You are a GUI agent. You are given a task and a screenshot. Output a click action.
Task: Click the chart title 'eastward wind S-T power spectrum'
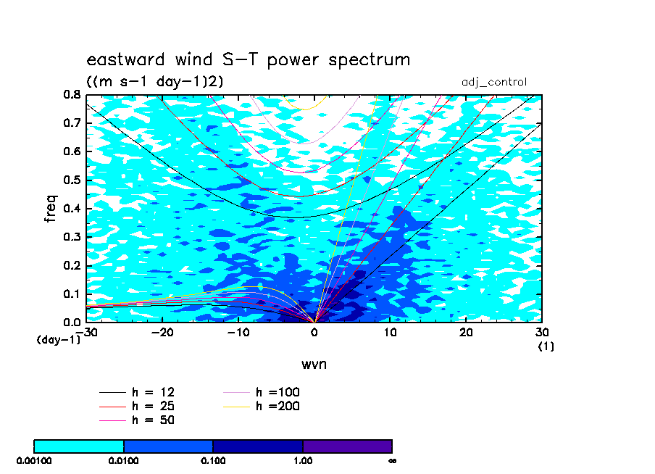(x=248, y=59)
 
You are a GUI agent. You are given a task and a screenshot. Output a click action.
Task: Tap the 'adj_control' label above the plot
(x=493, y=82)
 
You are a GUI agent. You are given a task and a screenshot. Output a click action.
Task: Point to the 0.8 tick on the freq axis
(x=72, y=94)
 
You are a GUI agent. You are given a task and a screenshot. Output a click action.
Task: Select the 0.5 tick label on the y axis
(x=72, y=180)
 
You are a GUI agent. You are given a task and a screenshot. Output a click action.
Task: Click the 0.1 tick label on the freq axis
(x=72, y=294)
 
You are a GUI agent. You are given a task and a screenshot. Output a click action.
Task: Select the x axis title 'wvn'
(x=314, y=364)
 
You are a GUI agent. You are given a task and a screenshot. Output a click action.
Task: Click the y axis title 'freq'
(x=50, y=208)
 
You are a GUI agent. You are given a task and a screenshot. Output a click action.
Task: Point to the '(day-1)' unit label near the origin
(x=58, y=339)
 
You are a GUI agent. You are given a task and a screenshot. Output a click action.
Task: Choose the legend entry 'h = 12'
(x=137, y=392)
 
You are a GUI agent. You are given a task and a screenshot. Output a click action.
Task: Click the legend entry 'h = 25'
(x=137, y=406)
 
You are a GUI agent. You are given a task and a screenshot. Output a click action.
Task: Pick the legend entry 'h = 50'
(x=137, y=420)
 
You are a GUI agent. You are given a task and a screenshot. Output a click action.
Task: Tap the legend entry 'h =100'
(x=261, y=392)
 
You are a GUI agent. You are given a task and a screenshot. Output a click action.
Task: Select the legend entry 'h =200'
(x=261, y=406)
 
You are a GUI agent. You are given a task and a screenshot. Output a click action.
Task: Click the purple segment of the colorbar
(x=348, y=446)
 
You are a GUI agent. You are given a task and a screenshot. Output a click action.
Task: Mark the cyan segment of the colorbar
(x=79, y=446)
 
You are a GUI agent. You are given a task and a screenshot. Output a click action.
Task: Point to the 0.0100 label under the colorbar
(x=123, y=461)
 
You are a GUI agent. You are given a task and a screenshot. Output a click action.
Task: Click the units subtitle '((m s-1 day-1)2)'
(x=154, y=81)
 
